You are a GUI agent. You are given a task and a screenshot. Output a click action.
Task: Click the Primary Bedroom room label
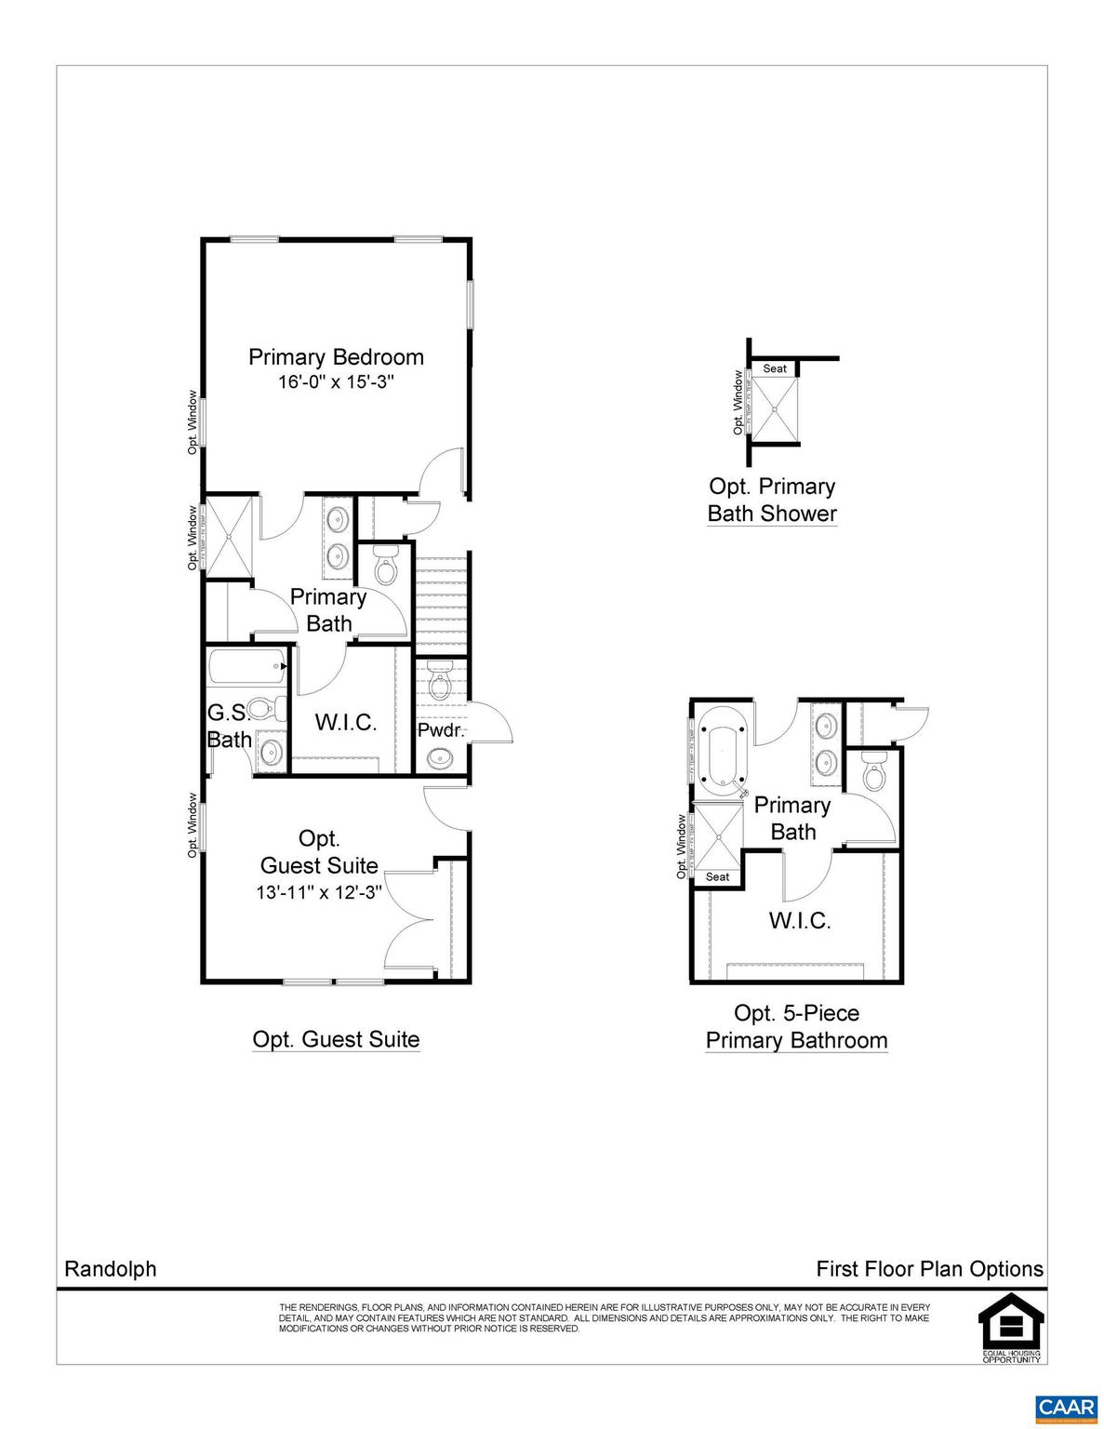[336, 357]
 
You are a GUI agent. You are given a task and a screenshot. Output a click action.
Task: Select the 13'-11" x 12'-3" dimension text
[319, 892]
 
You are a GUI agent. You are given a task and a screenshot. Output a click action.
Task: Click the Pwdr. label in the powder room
[440, 730]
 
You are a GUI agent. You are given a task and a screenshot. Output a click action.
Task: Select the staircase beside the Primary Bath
[441, 600]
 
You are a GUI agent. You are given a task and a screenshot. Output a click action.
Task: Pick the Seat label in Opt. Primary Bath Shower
[775, 368]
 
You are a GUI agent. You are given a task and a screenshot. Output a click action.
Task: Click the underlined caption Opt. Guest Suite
[336, 1039]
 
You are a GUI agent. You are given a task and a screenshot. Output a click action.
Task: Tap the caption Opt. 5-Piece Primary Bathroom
[796, 1026]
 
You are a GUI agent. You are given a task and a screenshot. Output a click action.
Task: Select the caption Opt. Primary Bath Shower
[772, 500]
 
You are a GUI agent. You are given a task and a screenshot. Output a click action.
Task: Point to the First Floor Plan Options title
[929, 1269]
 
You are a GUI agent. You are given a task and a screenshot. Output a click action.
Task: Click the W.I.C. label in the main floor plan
[345, 723]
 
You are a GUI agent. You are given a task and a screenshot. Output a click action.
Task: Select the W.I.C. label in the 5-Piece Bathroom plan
[799, 921]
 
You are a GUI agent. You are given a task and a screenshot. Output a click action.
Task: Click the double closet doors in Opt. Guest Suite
[409, 921]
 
